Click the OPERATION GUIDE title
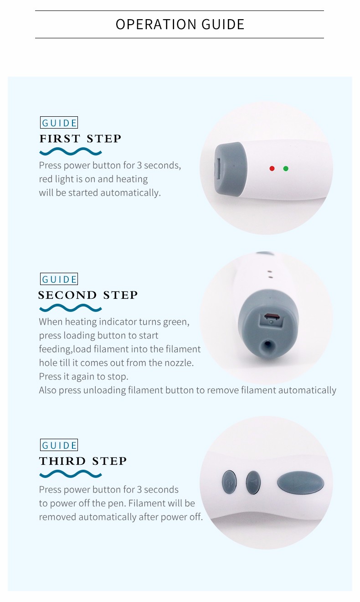[180, 24]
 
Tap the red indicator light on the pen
[272, 168]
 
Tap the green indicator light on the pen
[286, 168]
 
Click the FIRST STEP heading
[80, 139]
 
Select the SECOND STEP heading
[87, 295]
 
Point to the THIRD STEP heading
[82, 461]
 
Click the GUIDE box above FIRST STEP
[59, 123]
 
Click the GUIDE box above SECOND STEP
[59, 279]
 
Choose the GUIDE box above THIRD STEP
[59, 445]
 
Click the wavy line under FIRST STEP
[71, 152]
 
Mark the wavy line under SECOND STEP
[71, 308]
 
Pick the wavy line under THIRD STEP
[71, 474]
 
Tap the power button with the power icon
[229, 483]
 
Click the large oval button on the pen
[300, 483]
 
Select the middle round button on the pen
[253, 483]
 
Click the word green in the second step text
[175, 322]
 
